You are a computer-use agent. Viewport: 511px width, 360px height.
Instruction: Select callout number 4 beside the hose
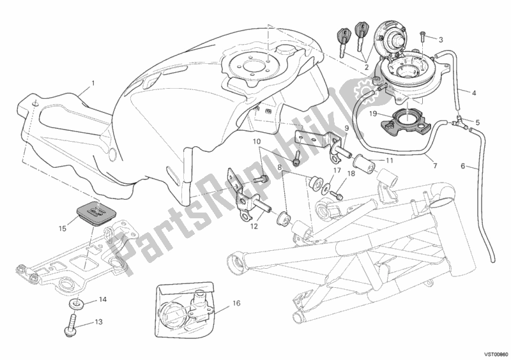475,94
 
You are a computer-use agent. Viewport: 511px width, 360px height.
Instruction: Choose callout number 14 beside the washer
102,299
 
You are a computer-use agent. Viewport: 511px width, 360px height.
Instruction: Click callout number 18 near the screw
351,172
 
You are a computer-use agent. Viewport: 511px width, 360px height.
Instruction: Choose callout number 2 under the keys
367,66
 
